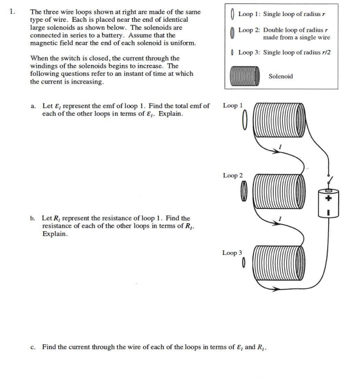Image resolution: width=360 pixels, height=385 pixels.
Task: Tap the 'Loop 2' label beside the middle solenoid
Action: (x=233, y=175)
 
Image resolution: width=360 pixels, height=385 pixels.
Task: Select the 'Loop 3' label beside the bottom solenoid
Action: (x=233, y=252)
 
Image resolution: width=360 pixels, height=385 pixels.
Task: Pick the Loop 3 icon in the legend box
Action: (x=232, y=52)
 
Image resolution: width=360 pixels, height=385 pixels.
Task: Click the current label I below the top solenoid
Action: (x=280, y=149)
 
